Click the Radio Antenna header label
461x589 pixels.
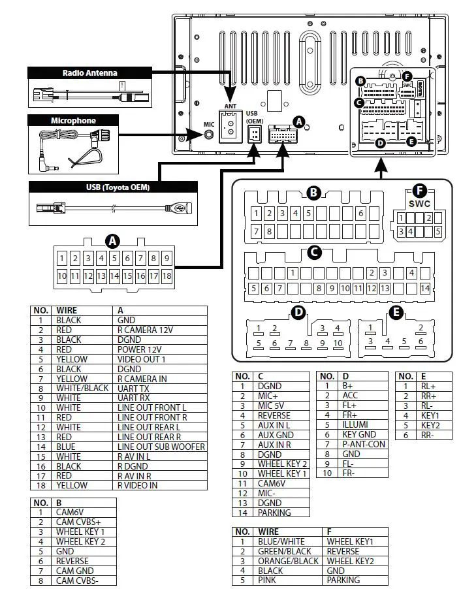[x=90, y=72]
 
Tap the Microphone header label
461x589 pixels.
[x=73, y=120]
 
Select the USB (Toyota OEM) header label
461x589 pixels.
[x=118, y=188]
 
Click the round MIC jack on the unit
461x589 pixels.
[x=209, y=135]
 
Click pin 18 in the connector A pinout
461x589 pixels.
[x=167, y=276]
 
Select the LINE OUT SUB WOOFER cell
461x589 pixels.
[x=161, y=447]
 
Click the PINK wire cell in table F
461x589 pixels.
[x=268, y=580]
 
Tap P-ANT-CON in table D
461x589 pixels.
[x=364, y=444]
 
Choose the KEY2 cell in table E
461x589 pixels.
[x=430, y=424]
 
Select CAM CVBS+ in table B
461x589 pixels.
[x=78, y=522]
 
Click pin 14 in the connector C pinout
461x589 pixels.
[x=425, y=288]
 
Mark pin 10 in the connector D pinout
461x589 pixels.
[x=338, y=343]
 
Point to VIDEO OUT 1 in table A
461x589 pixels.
[x=141, y=359]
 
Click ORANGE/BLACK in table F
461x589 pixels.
[x=288, y=560]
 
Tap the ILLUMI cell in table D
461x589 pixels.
[x=355, y=424]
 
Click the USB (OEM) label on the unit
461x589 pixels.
[x=253, y=117]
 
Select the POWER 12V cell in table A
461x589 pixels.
[x=139, y=349]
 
